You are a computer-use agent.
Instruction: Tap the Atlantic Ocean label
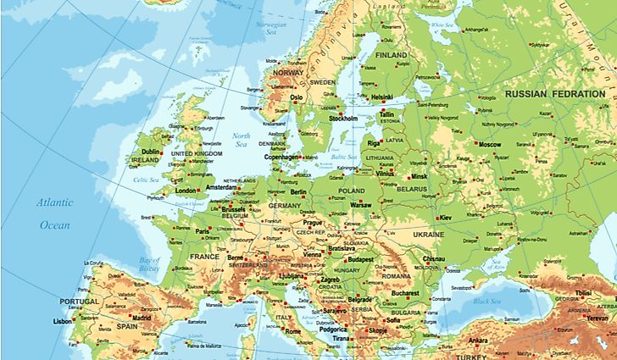(54, 213)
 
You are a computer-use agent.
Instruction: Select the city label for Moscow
(491, 145)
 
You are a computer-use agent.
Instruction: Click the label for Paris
(203, 230)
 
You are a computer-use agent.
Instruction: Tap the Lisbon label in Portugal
(63, 322)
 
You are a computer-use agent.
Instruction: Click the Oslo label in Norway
(297, 97)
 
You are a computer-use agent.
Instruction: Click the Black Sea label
(487, 302)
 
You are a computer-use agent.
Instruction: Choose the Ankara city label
(478, 341)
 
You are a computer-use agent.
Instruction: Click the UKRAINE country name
(428, 234)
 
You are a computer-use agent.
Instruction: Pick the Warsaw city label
(361, 205)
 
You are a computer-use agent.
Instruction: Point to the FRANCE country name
(204, 256)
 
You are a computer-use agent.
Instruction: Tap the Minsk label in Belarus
(419, 176)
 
